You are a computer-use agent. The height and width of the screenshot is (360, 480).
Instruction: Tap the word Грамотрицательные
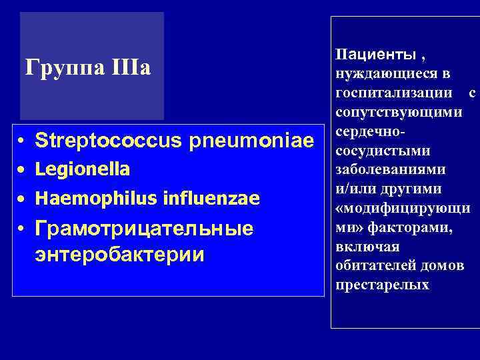tap(143, 229)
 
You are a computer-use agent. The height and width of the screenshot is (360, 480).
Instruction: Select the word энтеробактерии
tap(120, 255)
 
